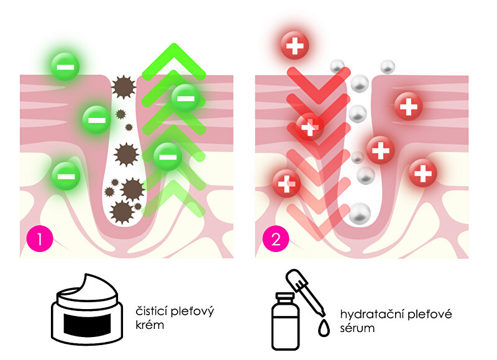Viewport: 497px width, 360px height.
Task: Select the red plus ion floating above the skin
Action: [x=295, y=45]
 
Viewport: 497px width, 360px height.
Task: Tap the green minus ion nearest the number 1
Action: [x=65, y=176]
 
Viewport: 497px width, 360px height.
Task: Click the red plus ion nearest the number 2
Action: [x=286, y=183]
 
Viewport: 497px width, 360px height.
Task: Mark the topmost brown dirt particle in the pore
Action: [x=122, y=87]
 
